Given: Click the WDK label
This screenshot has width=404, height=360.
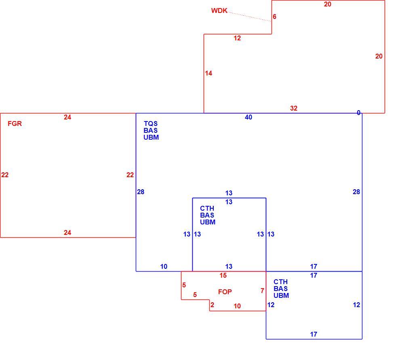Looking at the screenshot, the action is tap(219, 10).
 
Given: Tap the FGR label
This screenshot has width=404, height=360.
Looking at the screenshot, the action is tap(15, 123).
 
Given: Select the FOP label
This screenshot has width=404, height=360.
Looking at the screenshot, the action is tap(225, 292).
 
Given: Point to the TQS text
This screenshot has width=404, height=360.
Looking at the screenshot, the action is tap(151, 124).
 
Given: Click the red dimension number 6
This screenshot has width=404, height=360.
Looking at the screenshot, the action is tap(274, 17).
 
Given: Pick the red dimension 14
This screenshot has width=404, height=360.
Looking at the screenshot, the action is tap(208, 73).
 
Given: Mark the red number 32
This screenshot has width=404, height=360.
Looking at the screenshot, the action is tap(294, 108).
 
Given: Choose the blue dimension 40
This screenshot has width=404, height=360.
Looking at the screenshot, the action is tap(248, 117).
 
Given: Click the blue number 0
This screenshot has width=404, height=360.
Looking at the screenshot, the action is tap(359, 113).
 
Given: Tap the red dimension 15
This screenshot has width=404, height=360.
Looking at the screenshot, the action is tap(223, 276).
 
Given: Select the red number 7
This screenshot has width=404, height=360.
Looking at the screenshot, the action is tap(262, 291).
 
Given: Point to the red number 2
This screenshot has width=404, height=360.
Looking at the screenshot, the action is tap(213, 305).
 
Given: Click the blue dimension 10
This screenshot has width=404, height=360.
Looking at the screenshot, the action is tap(164, 267).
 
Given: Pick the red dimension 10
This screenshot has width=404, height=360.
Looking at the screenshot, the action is tap(237, 306).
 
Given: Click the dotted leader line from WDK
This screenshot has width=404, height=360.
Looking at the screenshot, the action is tap(250, 17).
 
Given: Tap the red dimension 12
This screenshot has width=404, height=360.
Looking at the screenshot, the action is tap(237, 38).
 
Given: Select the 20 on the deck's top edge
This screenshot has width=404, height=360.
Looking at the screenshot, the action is tap(328, 4).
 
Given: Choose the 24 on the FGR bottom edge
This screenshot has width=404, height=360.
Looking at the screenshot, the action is tap(67, 232).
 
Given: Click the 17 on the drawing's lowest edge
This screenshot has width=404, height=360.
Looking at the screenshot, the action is tap(314, 334).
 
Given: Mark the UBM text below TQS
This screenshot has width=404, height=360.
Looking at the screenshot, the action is tap(151, 137).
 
